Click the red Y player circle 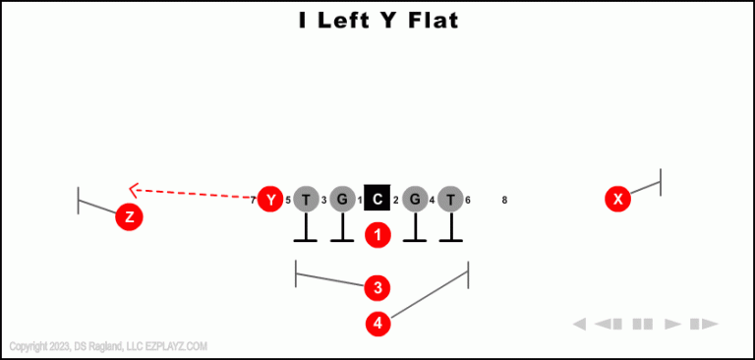270,200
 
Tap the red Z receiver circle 129,217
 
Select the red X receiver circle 618,200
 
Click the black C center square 377,200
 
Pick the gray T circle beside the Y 307,200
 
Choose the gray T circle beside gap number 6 450,200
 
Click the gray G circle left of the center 342,200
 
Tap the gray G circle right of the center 415,200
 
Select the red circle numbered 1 378,235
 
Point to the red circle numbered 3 377,288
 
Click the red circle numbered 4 377,323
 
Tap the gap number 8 504,201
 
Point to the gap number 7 253,201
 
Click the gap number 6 468,201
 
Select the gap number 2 396,201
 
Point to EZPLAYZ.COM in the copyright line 176,346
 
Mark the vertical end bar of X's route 660,182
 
